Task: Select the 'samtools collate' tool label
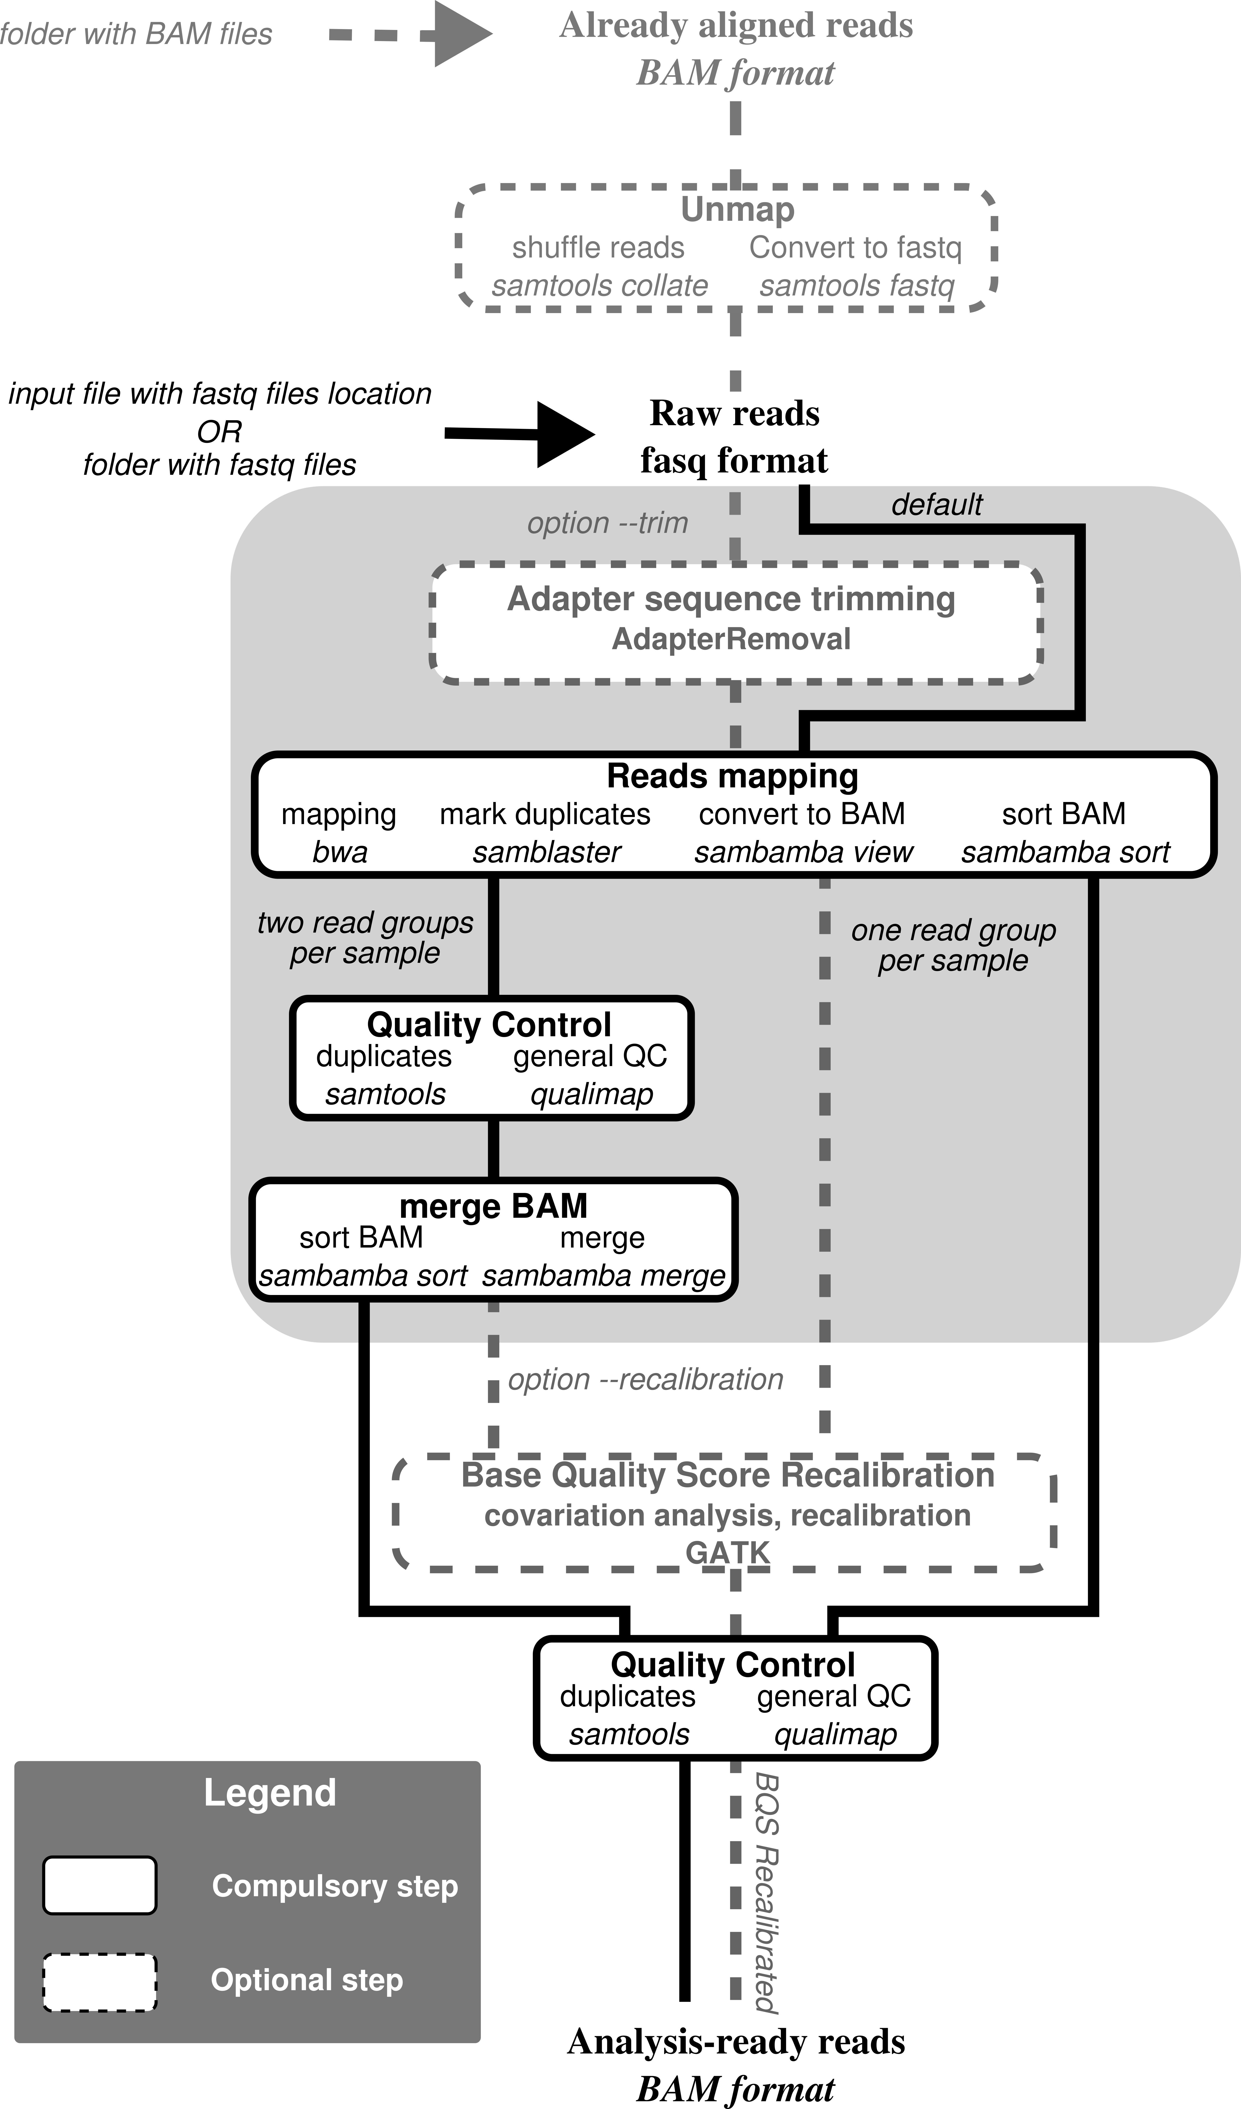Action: (599, 286)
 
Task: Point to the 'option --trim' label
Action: (607, 523)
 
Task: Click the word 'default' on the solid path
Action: (936, 505)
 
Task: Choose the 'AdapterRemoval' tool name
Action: (731, 639)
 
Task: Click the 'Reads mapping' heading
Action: (732, 776)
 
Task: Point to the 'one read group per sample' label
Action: (953, 946)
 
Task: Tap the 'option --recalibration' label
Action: (645, 1379)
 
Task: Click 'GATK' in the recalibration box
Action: (727, 1553)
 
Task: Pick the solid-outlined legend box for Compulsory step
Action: (100, 1886)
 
